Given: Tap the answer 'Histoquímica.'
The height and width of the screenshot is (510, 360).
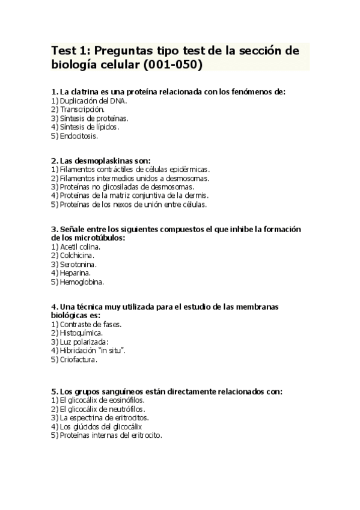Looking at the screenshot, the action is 77,333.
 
